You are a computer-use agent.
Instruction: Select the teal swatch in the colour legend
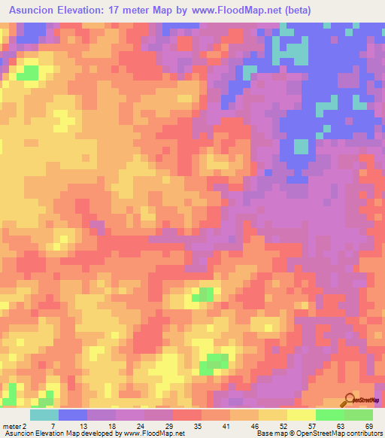[44, 415]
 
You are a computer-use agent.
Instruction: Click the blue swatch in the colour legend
[72, 415]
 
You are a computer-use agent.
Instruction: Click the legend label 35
[199, 426]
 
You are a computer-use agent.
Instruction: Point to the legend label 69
[368, 426]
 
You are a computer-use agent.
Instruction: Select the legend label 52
[283, 426]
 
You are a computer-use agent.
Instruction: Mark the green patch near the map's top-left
[29, 72]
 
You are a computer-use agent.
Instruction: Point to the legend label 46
[255, 426]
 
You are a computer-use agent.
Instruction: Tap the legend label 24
[140, 426]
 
